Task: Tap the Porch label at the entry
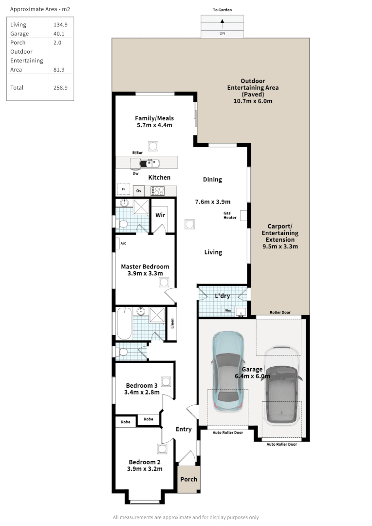(x=189, y=479)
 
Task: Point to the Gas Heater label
(x=230, y=215)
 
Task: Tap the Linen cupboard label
(x=171, y=323)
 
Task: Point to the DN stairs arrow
(x=222, y=21)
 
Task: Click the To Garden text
(x=222, y=10)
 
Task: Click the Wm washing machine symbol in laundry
(x=228, y=310)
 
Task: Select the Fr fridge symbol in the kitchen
(x=124, y=189)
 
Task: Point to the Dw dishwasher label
(x=135, y=173)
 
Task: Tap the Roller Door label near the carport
(x=280, y=312)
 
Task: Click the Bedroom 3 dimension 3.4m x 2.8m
(x=142, y=392)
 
